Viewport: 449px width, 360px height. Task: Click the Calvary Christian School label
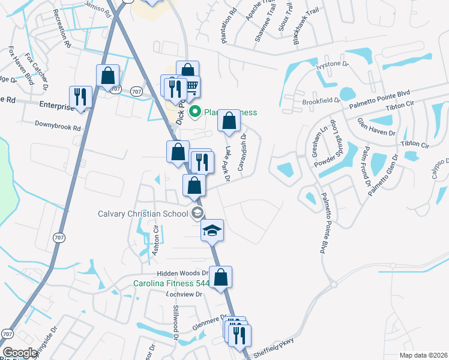pos(144,214)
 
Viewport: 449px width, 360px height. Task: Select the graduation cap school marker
pos(212,230)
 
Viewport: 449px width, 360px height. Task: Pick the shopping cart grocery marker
pos(191,87)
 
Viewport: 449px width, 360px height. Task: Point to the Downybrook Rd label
pos(58,127)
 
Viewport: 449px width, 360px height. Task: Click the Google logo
pos(20,353)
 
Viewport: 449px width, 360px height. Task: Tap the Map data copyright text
pos(423,355)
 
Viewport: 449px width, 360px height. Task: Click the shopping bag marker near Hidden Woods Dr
pos(220,277)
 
